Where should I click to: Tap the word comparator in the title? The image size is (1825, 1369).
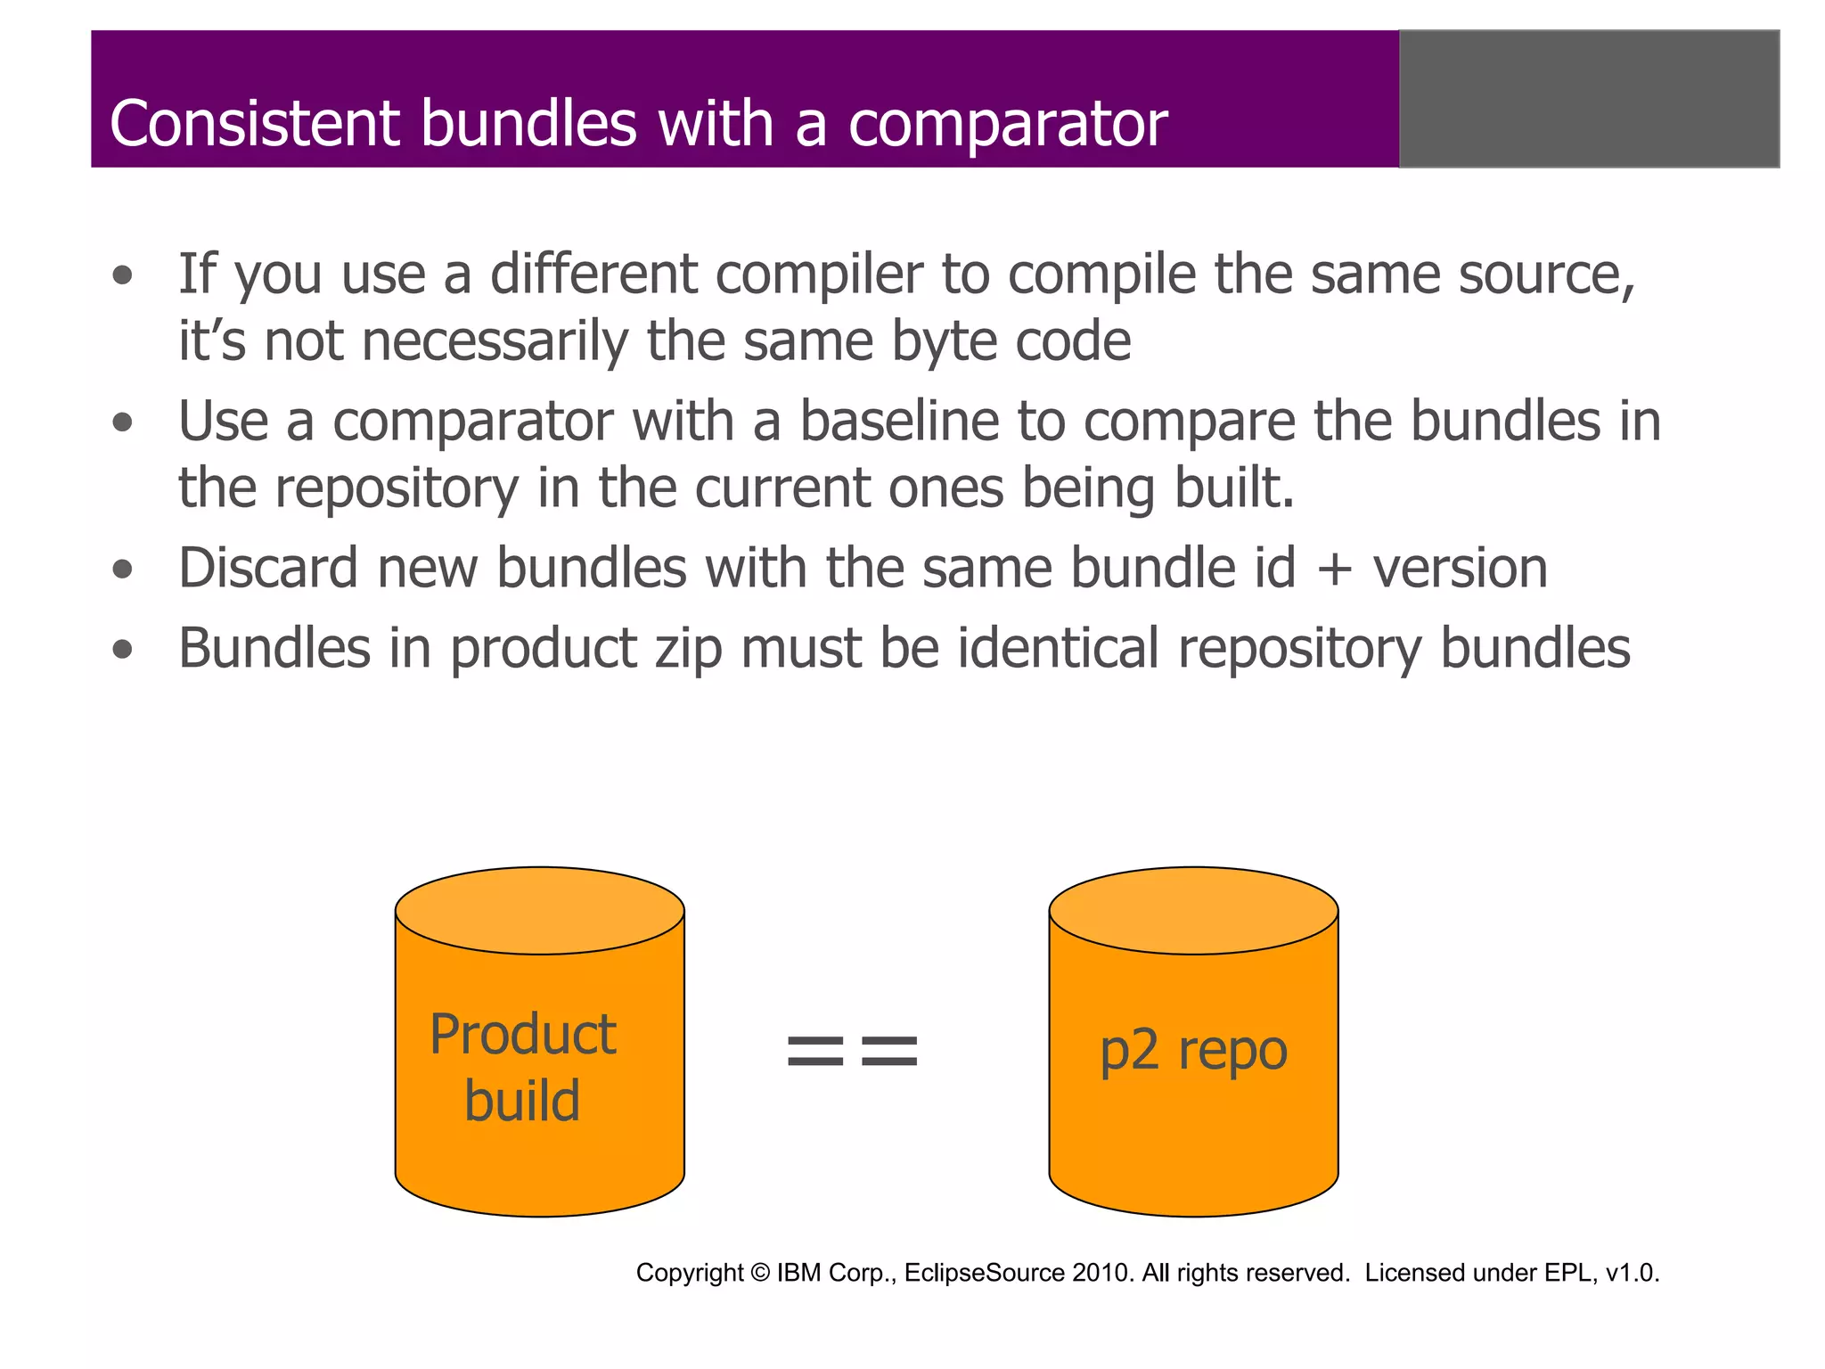(x=1007, y=125)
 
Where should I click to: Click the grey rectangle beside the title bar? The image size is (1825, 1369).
(x=1589, y=99)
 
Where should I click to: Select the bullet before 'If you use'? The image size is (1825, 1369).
(x=123, y=275)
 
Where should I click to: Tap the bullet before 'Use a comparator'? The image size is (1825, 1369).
(x=123, y=422)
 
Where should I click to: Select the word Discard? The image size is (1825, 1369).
(x=267, y=569)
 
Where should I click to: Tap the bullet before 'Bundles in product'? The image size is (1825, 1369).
(x=123, y=650)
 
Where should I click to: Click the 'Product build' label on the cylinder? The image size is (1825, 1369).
(x=523, y=1067)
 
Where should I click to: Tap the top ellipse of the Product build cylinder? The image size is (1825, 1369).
(x=539, y=910)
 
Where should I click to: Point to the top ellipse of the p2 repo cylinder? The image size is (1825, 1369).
(x=1193, y=910)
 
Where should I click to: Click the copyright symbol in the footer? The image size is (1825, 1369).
(x=759, y=1273)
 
